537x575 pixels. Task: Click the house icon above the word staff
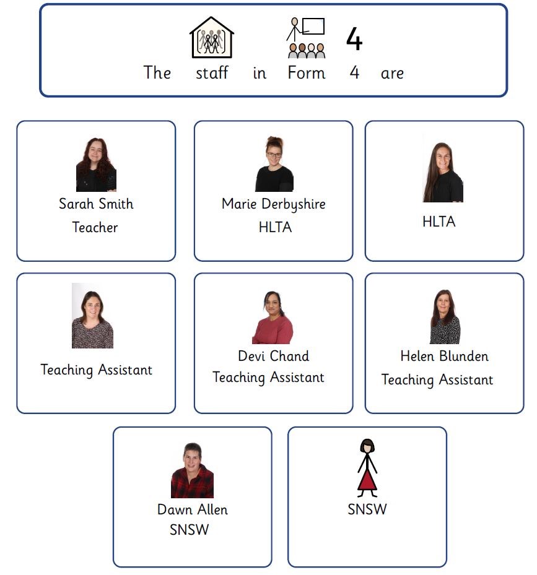click(211, 37)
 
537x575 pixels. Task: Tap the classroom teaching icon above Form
click(306, 38)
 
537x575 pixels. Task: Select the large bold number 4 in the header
click(354, 38)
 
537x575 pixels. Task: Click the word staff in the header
click(212, 72)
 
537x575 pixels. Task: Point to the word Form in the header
click(307, 72)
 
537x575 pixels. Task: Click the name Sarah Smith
click(96, 204)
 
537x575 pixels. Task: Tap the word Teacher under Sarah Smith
click(95, 227)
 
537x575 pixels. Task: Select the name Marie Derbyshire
click(274, 204)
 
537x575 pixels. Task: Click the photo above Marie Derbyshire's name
click(274, 163)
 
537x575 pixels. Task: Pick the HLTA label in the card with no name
click(439, 222)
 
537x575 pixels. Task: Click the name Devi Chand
click(274, 356)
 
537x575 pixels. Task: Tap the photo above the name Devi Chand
click(273, 317)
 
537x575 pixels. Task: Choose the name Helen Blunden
click(445, 356)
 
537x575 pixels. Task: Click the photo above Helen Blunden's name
click(445, 316)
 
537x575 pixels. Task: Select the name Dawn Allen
click(193, 509)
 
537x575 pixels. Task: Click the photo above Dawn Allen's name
click(193, 470)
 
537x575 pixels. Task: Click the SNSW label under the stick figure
click(367, 509)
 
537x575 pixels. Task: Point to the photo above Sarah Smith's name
click(96, 165)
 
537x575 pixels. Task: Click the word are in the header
click(393, 74)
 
